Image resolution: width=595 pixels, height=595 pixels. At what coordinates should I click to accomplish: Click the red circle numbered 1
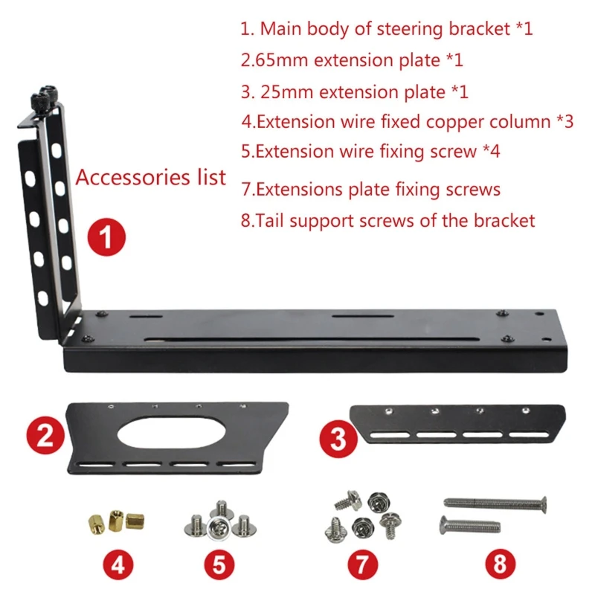pyautogui.click(x=106, y=239)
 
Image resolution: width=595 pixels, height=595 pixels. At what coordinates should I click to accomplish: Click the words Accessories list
pyautogui.click(x=151, y=178)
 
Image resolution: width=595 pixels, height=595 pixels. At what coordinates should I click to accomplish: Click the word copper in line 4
pyautogui.click(x=468, y=121)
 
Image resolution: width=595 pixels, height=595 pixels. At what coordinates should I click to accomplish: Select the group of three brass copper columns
pyautogui.click(x=113, y=518)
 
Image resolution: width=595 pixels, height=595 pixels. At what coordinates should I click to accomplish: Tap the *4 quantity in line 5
pyautogui.click(x=491, y=151)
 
